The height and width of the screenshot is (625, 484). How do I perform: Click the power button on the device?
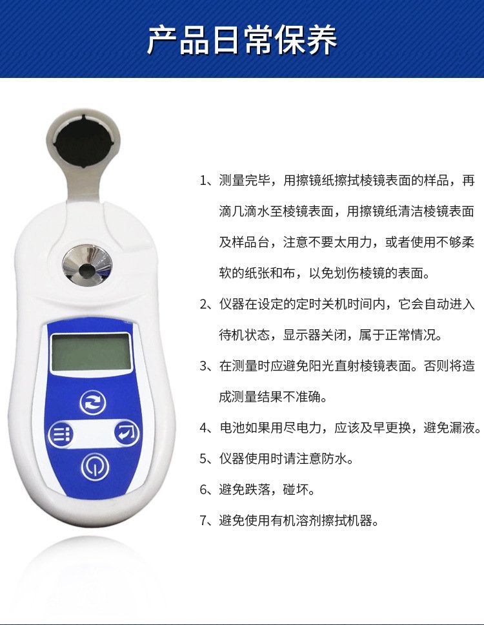[x=95, y=466]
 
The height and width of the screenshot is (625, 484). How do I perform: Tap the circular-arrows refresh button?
[x=93, y=402]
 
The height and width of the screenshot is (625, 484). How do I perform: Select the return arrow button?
[x=126, y=433]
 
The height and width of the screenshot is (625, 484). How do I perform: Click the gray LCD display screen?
[x=92, y=352]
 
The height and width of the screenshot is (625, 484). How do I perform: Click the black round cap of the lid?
[x=83, y=140]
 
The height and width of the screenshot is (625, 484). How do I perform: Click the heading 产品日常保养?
[x=243, y=39]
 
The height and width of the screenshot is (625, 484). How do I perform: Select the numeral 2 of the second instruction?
[x=203, y=304]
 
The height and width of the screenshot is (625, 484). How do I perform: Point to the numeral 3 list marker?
[x=203, y=366]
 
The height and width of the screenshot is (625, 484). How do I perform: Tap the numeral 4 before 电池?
[x=203, y=428]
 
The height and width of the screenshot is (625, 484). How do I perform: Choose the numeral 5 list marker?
[x=203, y=459]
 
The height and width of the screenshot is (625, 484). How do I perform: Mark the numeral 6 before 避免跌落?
[x=203, y=490]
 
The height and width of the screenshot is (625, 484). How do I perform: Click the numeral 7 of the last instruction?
[x=203, y=521]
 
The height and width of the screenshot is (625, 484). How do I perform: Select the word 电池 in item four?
[x=232, y=428]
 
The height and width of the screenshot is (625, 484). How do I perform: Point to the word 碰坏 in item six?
[x=296, y=490]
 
